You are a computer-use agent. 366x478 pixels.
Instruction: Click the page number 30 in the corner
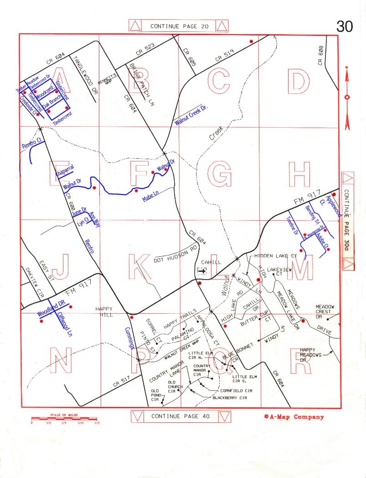tap(345, 27)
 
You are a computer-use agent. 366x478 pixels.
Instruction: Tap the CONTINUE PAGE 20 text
tap(179, 26)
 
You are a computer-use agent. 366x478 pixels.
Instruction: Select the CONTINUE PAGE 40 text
tap(180, 416)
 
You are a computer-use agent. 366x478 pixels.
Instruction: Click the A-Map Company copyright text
tap(294, 416)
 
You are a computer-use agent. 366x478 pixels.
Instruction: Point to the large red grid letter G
tap(219, 174)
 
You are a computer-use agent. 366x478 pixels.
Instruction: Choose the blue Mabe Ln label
tap(150, 196)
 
